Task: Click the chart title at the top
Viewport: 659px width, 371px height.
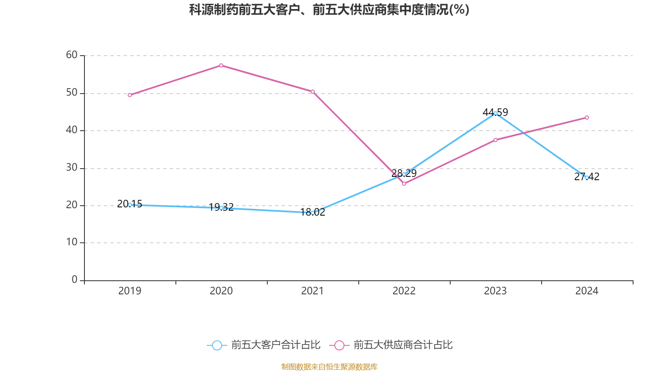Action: tap(329, 10)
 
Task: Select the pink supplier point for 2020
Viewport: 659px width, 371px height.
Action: tap(221, 66)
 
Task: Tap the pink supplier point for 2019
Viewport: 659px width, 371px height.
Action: tap(130, 95)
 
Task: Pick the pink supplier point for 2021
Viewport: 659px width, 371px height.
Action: tap(313, 92)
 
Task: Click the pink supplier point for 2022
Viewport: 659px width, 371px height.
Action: tap(404, 184)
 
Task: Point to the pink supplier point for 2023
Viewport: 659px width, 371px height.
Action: tap(495, 140)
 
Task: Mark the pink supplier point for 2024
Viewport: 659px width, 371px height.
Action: tap(587, 117)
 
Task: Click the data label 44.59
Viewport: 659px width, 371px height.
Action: tap(495, 113)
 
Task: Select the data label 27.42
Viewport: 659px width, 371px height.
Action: tap(587, 177)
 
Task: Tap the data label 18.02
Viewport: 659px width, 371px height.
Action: tap(313, 212)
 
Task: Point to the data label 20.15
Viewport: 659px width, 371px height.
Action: tap(130, 204)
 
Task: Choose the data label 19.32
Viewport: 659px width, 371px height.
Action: tap(221, 207)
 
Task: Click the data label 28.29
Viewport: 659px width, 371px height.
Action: tap(404, 173)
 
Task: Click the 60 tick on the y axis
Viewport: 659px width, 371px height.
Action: tap(72, 55)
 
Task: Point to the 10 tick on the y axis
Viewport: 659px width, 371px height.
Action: tap(72, 242)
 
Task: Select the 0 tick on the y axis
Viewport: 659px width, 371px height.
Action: tap(75, 279)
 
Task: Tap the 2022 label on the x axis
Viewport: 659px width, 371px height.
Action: tap(404, 291)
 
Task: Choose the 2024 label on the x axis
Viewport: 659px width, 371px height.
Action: tap(587, 291)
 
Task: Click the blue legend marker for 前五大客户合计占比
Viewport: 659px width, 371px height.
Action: tap(217, 345)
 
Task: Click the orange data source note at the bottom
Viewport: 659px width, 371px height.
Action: tap(329, 366)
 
